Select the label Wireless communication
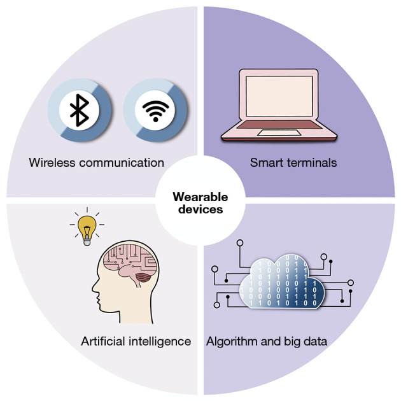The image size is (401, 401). click(96, 162)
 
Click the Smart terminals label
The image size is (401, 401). click(293, 162)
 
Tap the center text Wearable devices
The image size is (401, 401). click(200, 202)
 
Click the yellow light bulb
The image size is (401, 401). click(86, 226)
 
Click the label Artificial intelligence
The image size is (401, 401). click(136, 341)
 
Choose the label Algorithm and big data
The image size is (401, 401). click(266, 341)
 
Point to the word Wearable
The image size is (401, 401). click(200, 197)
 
